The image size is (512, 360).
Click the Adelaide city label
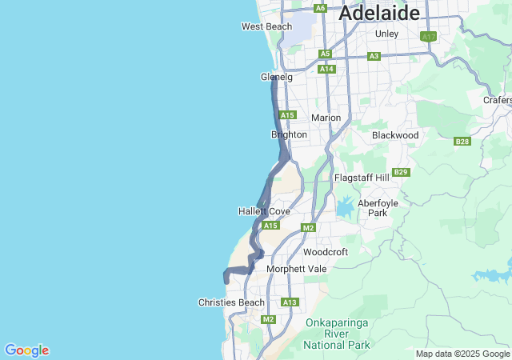(x=380, y=13)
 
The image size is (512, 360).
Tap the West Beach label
(x=267, y=26)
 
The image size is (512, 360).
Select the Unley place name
(x=386, y=34)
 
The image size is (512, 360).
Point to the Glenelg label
(x=277, y=78)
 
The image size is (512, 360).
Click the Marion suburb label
(x=326, y=118)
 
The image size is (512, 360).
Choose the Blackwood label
(x=395, y=135)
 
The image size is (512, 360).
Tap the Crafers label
(x=498, y=100)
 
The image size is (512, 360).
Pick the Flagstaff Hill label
(x=361, y=177)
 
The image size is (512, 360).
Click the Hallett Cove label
(x=264, y=211)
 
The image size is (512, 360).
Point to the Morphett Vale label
(x=296, y=269)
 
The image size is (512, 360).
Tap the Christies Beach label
(x=231, y=302)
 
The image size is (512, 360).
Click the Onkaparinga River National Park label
(x=337, y=334)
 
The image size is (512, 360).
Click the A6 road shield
(x=321, y=8)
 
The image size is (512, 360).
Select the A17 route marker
(x=429, y=37)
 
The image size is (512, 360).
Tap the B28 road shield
(x=462, y=142)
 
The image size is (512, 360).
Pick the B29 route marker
(x=402, y=172)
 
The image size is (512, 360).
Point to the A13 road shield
(x=290, y=302)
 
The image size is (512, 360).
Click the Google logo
(x=26, y=350)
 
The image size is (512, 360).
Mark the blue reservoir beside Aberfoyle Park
(x=345, y=209)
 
